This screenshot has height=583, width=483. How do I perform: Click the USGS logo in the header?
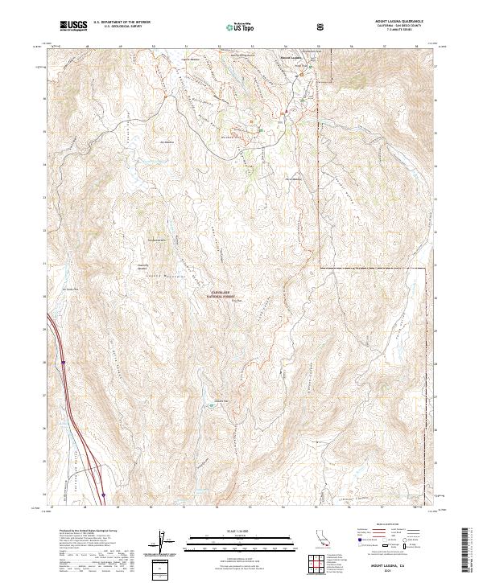(72, 26)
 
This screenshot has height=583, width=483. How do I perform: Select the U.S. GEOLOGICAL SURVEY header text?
(116, 27)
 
